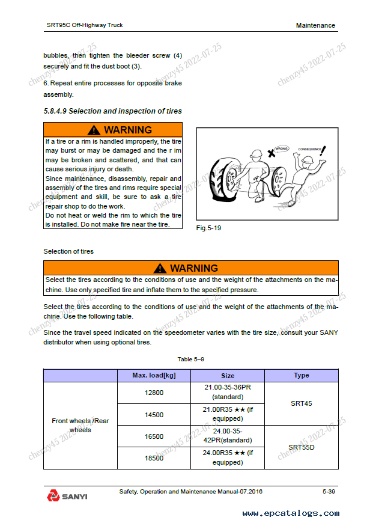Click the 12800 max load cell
pos(154,393)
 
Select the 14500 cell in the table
pos(154,415)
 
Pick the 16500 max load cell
pos(154,437)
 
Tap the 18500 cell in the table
pos(154,458)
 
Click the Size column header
pos(228,375)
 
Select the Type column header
pos(302,375)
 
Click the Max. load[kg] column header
pos(154,375)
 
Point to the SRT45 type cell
pos(302,403)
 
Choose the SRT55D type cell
pos(302,447)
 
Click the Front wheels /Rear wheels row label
pos(80,426)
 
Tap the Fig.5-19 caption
pos(209,228)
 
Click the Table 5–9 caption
pos(191,359)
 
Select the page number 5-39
pos(329,492)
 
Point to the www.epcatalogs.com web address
pos(291,513)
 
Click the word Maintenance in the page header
pos(315,25)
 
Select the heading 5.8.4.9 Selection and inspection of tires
pos(112,111)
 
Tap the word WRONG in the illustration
pos(282,147)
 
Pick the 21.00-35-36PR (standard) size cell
pos(228,392)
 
